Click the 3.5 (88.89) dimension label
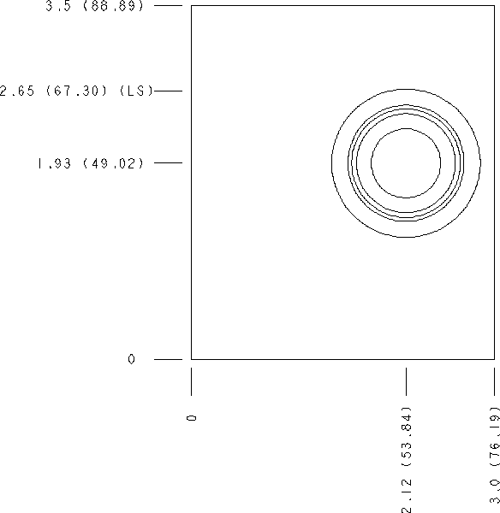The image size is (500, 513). pos(94,6)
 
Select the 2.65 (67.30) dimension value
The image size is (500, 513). pos(53,91)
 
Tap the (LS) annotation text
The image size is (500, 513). pos(136,91)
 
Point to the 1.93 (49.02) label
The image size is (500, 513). pos(91,163)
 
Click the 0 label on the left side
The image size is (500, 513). pos(131,359)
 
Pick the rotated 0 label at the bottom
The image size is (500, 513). pos(192,418)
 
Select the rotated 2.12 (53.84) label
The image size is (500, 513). pos(407,460)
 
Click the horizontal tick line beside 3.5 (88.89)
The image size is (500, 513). pos(168,6)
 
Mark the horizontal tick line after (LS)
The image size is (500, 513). pos(168,91)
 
